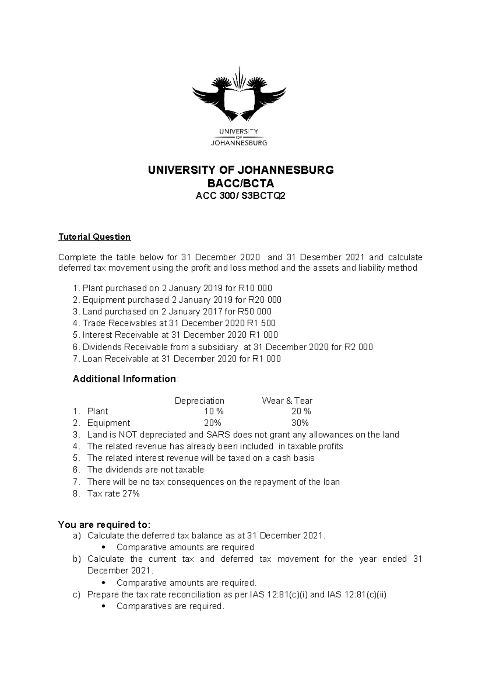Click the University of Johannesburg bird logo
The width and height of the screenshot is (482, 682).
(239, 95)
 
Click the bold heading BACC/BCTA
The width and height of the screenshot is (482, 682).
(241, 183)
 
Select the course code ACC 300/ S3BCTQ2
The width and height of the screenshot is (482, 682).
(241, 196)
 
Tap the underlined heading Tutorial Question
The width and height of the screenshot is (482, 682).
(94, 237)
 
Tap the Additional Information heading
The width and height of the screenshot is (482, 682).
(124, 379)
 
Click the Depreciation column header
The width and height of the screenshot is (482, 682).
(199, 401)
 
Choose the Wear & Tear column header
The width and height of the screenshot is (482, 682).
(287, 401)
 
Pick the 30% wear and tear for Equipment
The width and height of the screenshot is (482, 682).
(300, 423)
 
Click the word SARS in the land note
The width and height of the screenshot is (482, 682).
(217, 435)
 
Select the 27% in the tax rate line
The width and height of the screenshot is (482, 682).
(131, 494)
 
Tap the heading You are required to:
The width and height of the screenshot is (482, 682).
(104, 525)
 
